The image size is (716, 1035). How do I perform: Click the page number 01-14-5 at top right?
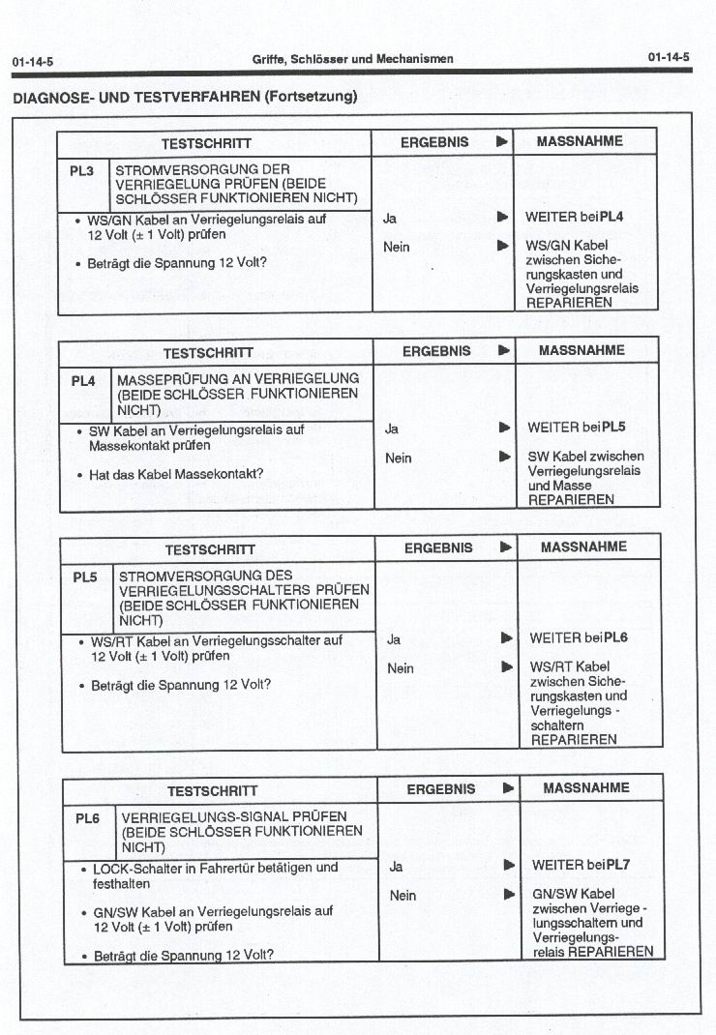(669, 57)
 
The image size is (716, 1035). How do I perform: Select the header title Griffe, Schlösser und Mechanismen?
(352, 59)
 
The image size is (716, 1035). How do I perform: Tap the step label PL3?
(82, 171)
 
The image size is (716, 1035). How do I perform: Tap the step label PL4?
(84, 381)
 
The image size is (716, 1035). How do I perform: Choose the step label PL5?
(85, 577)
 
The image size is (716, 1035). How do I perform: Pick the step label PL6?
(87, 818)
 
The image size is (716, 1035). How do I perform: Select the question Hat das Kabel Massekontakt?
(177, 475)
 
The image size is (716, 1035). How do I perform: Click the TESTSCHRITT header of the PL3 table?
(206, 143)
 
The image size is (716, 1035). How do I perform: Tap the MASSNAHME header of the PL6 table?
(586, 788)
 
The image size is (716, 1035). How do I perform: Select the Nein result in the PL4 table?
(398, 458)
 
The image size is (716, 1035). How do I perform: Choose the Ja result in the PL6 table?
(396, 867)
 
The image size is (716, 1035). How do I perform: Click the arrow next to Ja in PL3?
(502, 218)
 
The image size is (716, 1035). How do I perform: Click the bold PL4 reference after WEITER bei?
(612, 217)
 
